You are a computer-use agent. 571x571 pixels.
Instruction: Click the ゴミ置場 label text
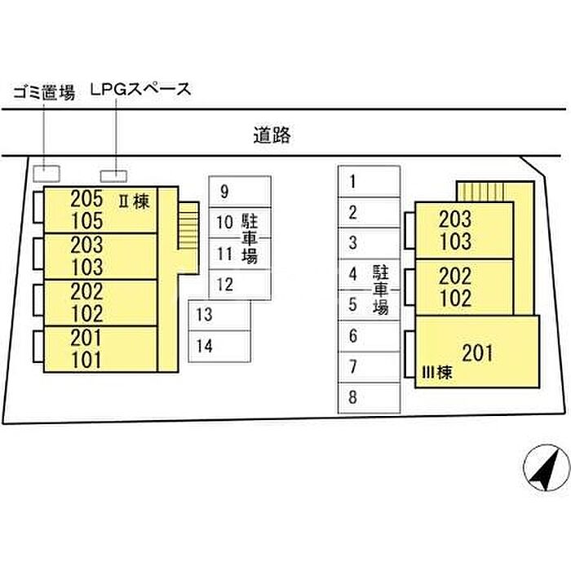pos(44,92)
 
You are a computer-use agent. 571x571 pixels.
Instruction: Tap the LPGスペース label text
pos(140,90)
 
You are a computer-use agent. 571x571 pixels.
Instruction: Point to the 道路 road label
pos(272,135)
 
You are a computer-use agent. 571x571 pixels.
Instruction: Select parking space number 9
pos(240,192)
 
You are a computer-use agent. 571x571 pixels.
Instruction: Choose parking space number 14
pos(219,347)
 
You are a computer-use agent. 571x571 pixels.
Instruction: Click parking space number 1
pos(370,182)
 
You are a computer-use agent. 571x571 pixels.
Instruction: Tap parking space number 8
pos(370,398)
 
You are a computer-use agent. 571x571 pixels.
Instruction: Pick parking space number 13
pos(219,316)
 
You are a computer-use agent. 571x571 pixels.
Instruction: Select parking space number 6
pos(370,336)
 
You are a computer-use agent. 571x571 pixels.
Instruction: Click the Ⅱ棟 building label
pos(134,201)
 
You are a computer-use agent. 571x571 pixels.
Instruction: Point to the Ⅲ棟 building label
pos(436,373)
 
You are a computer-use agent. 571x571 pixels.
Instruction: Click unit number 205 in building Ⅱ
pos(86,199)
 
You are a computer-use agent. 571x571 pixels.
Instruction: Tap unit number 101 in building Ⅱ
pos(86,361)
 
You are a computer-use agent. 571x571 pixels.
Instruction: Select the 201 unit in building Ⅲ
pos(477,353)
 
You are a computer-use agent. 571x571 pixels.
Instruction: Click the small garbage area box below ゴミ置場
pos(46,174)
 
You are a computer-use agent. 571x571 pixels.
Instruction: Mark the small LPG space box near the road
pos(113,176)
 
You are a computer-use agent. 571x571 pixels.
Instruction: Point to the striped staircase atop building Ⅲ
pos(480,192)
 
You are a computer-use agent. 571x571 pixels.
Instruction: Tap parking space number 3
pos(370,243)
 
